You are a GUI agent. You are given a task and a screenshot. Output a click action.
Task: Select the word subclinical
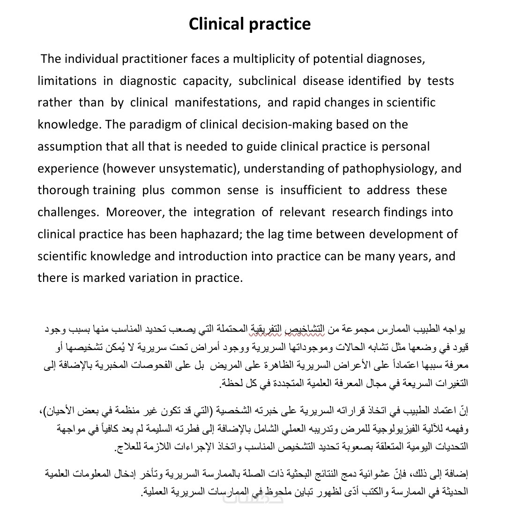pos(267,81)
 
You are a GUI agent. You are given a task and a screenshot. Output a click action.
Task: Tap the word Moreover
pos(134,212)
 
